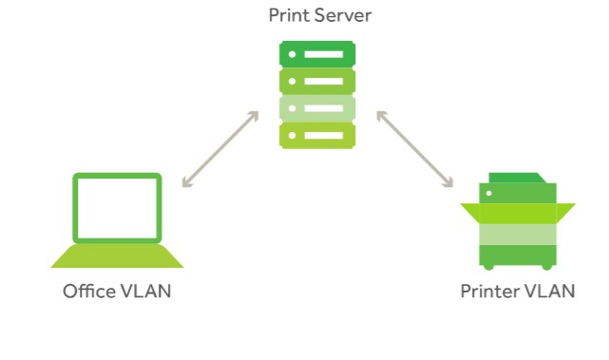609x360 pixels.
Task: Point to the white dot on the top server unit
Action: [x=292, y=53]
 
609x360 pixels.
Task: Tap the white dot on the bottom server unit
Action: [x=292, y=135]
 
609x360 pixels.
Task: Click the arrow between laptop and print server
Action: [x=220, y=148]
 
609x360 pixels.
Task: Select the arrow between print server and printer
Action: [x=413, y=148]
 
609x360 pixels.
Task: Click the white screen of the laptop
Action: [x=117, y=207]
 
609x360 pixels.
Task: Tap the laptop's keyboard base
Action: [x=117, y=256]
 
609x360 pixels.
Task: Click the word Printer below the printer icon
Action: [x=488, y=291]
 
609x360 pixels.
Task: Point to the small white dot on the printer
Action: [x=490, y=194]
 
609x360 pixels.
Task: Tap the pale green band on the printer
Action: [x=517, y=234]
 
